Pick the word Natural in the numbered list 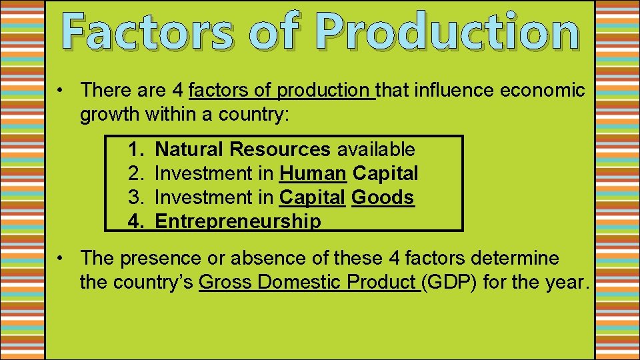click(x=188, y=149)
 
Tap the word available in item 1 click(x=375, y=149)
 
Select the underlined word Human click(x=313, y=173)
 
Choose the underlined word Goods click(x=383, y=197)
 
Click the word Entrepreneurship click(x=237, y=221)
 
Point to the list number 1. click(x=135, y=149)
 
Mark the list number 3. click(x=135, y=197)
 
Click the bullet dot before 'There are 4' click(x=60, y=90)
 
